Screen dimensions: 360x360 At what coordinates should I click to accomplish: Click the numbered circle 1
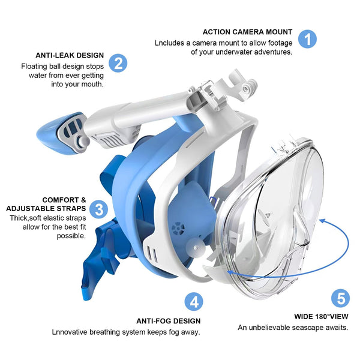click(307, 39)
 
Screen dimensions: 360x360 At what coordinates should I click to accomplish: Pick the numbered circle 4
click(193, 302)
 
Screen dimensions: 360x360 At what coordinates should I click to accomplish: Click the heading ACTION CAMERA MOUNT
click(247, 32)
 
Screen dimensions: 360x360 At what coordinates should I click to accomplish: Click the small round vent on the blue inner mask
click(177, 229)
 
